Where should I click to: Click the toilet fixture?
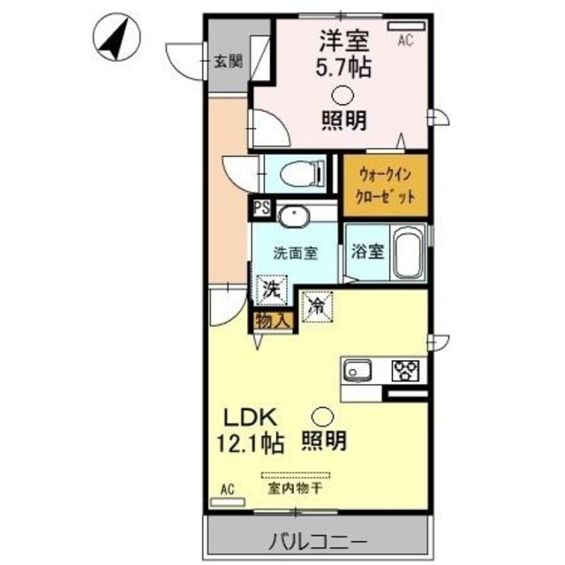(x=296, y=174)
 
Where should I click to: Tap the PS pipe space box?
(x=261, y=209)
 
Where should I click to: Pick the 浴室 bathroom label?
(x=365, y=251)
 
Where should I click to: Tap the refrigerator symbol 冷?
(x=316, y=305)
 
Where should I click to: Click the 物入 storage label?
(x=272, y=320)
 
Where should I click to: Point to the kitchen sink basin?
(x=358, y=369)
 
